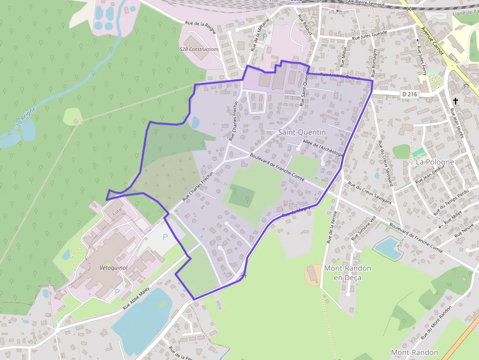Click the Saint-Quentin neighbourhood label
302,132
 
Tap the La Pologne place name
435,162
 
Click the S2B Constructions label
199,49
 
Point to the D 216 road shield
411,94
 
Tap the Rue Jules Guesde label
370,35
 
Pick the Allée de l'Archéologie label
323,148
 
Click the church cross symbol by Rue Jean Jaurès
456,101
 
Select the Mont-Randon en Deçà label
348,273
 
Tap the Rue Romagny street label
374,63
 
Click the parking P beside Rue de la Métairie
265,36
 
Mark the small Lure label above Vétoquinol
116,213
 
